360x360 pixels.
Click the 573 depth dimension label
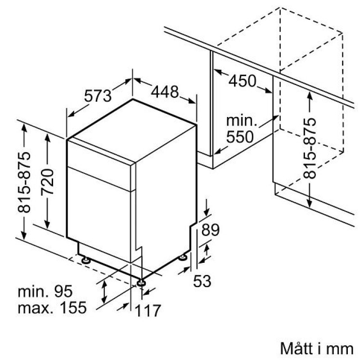click(x=98, y=96)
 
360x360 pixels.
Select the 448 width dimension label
click(x=165, y=92)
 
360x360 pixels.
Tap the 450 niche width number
click(x=242, y=81)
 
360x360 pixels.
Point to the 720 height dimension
click(x=47, y=182)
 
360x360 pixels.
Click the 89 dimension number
click(x=211, y=229)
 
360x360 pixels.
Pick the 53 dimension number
click(x=202, y=281)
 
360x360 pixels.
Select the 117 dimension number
click(x=148, y=310)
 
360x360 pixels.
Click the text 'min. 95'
click(x=45, y=291)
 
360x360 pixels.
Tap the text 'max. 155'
click(x=52, y=308)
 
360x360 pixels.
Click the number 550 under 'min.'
click(x=240, y=137)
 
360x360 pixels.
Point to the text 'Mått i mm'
click(x=317, y=349)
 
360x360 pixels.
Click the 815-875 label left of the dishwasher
click(x=24, y=182)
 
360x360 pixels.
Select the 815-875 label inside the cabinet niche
click(x=310, y=148)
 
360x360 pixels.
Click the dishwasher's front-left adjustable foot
click(x=86, y=260)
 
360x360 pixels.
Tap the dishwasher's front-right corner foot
click(x=141, y=283)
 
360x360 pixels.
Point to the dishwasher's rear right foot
click(x=183, y=257)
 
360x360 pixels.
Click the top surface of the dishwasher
click(x=132, y=130)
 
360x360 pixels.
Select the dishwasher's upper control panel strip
click(x=99, y=164)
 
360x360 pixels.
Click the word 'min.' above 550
click(x=241, y=121)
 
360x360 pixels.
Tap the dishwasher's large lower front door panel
click(x=99, y=215)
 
